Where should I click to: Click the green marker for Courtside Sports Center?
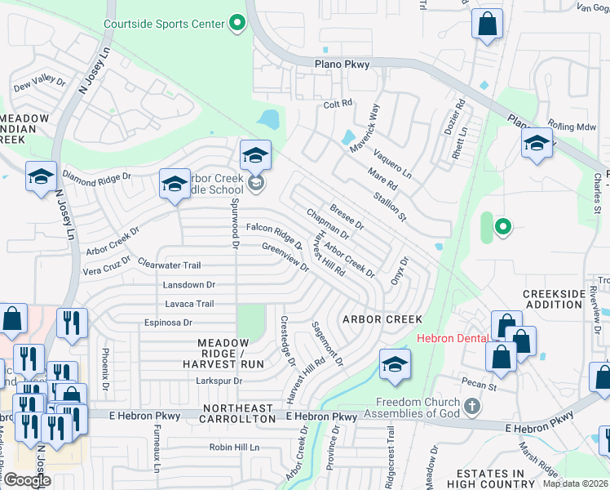pos(237,23)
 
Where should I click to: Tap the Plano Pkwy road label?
pos(342,65)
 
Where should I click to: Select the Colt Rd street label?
pos(337,104)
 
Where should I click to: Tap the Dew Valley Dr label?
pos(39,81)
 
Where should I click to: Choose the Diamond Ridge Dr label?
pos(96,177)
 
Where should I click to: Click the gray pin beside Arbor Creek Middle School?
pos(256,182)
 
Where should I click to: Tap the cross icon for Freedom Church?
pos(471,406)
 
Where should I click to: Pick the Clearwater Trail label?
pos(169,265)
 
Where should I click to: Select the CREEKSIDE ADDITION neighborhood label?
pos(554,298)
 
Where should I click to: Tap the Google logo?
pos(27,480)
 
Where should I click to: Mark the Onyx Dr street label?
pos(398,271)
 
